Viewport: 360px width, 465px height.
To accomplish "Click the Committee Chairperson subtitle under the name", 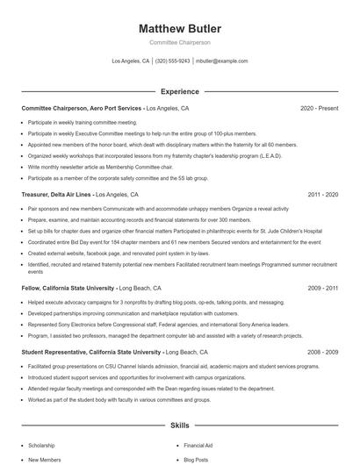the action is point(179,42).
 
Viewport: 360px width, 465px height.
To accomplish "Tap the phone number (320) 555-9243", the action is point(173,61).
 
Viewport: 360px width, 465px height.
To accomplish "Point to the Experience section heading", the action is point(179,91).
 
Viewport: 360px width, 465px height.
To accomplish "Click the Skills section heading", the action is point(179,425).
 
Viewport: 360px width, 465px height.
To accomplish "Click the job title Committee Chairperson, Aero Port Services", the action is point(82,108).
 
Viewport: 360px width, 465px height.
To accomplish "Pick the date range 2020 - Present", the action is point(319,108).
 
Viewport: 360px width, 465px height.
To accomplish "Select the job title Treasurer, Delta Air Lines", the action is point(56,194).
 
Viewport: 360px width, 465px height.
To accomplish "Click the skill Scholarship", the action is point(41,445).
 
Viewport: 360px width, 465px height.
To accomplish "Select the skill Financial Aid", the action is point(198,445).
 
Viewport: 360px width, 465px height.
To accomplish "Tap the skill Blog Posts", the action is point(195,459).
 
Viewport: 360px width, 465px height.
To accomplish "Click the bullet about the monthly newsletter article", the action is point(105,165).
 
